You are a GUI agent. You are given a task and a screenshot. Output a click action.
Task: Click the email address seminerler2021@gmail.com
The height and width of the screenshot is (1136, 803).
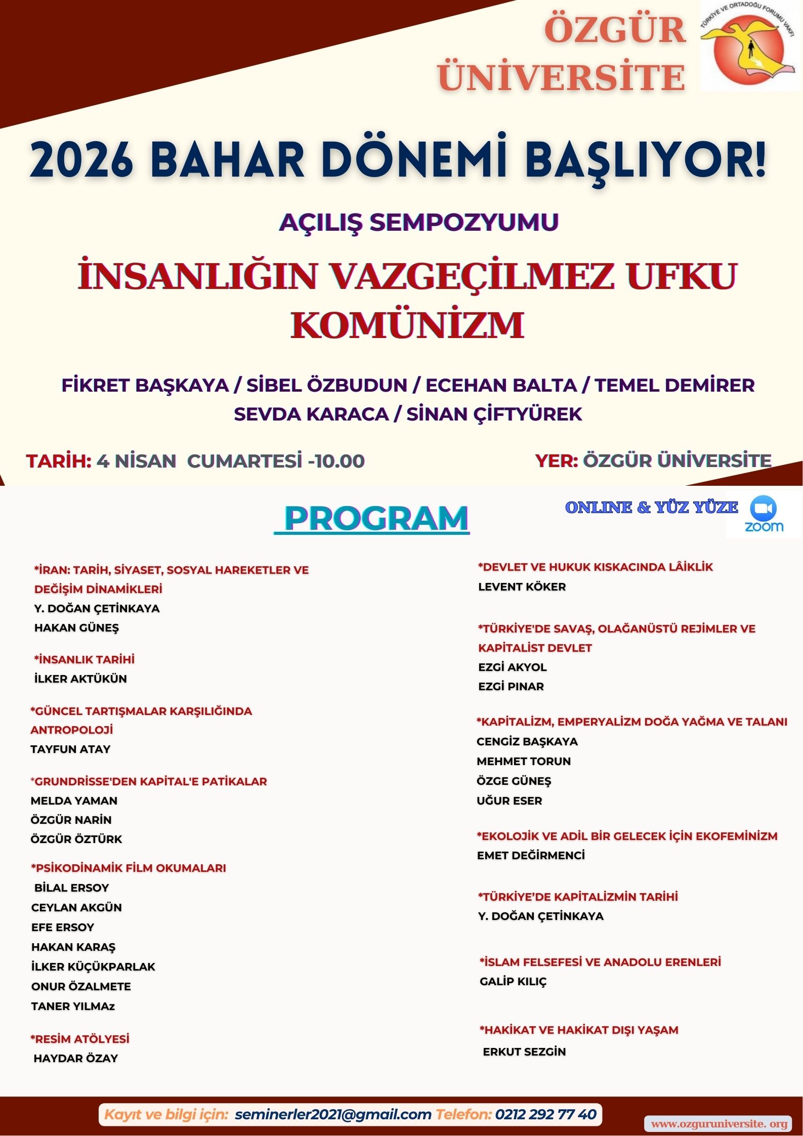point(333,1114)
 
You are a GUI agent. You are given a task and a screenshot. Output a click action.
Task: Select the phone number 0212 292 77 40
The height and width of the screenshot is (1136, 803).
point(546,1114)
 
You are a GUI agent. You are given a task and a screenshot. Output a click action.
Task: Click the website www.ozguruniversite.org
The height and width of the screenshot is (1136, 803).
point(719,1123)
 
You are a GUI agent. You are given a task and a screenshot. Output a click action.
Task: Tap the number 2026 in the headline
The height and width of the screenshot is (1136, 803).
point(81,160)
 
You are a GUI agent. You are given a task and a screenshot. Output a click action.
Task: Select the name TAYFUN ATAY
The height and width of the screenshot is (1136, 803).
point(70,749)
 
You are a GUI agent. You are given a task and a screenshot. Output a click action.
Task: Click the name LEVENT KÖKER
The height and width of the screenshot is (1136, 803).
point(522,586)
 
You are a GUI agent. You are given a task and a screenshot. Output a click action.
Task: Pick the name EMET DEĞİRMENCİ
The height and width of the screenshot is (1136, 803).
point(530,855)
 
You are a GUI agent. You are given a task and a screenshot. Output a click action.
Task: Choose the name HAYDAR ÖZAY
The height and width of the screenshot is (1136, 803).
point(75,1058)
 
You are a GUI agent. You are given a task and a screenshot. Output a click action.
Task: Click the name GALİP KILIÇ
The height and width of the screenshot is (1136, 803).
point(513,981)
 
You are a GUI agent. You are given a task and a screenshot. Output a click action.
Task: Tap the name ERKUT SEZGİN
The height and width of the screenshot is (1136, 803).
point(524,1051)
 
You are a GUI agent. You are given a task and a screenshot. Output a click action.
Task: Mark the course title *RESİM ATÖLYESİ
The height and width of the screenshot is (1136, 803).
point(80,1039)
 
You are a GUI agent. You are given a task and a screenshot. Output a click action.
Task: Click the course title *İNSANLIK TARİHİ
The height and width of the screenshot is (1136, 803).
point(84,659)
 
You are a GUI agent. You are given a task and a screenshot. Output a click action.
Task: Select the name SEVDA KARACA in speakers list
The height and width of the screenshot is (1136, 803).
point(311,414)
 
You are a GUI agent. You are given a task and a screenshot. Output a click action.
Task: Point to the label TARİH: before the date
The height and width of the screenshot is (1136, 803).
point(59,461)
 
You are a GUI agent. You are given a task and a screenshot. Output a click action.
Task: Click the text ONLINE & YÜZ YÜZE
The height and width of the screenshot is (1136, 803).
point(651,507)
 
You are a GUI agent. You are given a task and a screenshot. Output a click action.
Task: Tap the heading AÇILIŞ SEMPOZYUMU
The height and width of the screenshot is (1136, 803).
point(418,222)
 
